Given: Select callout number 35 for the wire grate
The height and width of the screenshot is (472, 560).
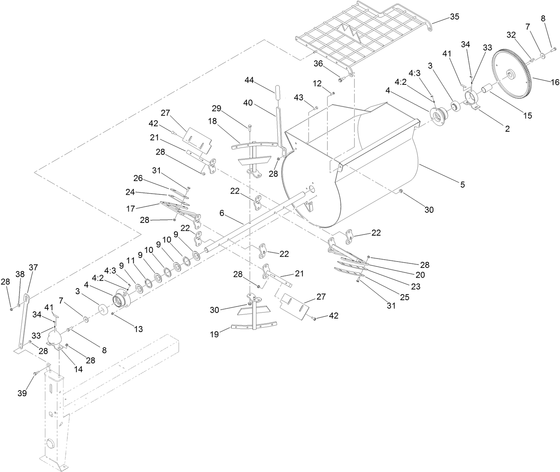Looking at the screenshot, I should point(454,17).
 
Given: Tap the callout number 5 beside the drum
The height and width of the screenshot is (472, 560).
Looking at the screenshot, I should point(462,184).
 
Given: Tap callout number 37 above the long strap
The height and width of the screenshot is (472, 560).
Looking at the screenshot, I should point(33,267).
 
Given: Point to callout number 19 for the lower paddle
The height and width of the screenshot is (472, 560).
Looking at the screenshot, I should point(214,334).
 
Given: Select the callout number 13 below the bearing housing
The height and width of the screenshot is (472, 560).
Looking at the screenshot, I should point(138,329).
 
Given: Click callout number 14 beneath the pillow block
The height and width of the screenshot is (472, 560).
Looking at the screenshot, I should point(78,368).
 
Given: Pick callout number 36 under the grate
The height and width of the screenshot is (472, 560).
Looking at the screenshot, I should point(318,64).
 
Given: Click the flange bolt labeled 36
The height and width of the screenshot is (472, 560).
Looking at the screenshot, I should point(341,79).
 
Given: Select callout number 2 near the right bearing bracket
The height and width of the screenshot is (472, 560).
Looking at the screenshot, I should point(507,129).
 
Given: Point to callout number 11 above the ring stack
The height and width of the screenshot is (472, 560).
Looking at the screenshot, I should point(130,259).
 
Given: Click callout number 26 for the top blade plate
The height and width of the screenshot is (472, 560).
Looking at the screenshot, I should point(138,178).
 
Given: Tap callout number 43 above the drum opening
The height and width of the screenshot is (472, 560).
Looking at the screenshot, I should point(298,97).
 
